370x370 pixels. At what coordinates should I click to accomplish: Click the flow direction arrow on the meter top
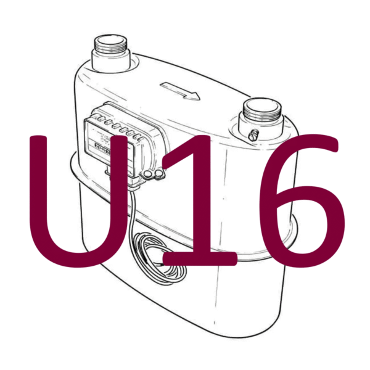point(179,89)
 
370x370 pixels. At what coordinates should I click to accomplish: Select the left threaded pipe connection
point(112,54)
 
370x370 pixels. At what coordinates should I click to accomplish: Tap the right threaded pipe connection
point(261,117)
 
